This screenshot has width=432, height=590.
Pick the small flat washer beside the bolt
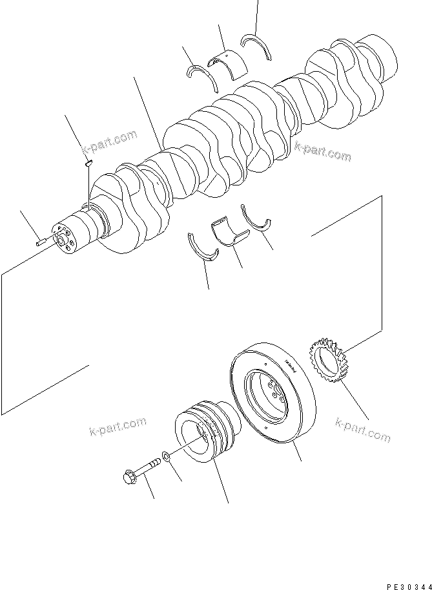(x=166, y=458)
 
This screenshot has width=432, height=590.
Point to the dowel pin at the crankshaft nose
(x=41, y=243)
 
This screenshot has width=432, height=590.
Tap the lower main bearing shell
(x=227, y=234)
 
